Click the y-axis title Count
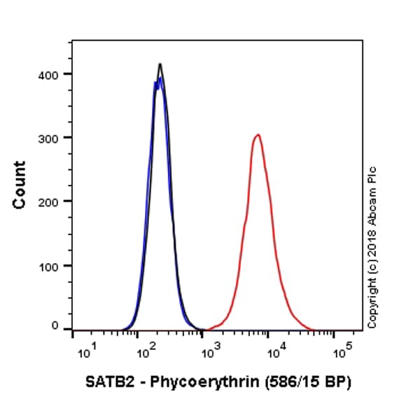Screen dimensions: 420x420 [x=20, y=185]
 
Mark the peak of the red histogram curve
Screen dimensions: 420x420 [x=258, y=134]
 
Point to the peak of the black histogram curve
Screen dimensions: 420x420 [x=160, y=64]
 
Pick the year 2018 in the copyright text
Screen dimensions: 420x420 [x=372, y=238]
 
